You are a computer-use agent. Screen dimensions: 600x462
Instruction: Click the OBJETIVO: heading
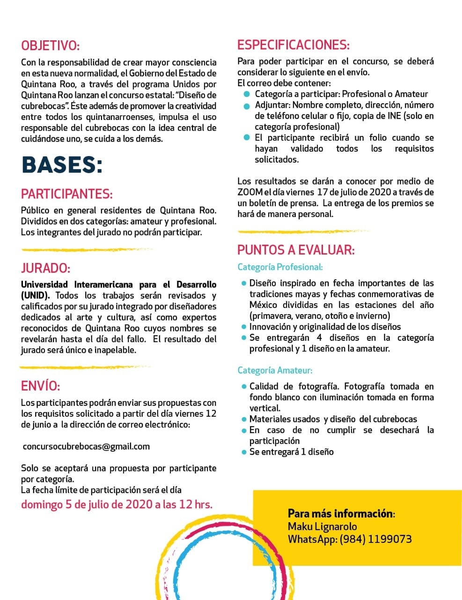click(51, 46)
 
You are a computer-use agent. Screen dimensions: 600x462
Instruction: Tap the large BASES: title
click(62, 165)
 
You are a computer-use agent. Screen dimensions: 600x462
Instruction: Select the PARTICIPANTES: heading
click(67, 194)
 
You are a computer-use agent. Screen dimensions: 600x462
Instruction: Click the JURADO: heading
click(45, 268)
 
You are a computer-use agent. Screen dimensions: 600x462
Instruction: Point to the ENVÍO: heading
click(41, 386)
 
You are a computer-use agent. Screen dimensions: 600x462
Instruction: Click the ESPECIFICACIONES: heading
click(293, 45)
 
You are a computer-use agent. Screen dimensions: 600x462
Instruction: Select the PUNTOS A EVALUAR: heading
click(296, 250)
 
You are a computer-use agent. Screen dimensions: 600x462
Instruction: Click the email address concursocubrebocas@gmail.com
click(86, 447)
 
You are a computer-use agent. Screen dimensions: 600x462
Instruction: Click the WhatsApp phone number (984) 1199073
click(376, 539)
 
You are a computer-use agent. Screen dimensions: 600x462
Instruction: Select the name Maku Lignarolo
click(323, 526)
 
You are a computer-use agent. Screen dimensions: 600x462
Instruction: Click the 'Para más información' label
click(341, 513)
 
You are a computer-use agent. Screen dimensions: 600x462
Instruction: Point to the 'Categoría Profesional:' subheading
click(280, 267)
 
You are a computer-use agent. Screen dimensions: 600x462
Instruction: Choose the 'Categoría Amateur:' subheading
click(275, 370)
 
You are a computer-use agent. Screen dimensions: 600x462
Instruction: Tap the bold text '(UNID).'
click(36, 295)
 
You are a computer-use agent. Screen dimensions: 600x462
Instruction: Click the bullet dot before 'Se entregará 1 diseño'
click(243, 452)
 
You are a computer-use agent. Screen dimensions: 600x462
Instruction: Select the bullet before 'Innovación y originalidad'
click(243, 327)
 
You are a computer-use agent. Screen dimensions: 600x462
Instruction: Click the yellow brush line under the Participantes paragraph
click(87, 250)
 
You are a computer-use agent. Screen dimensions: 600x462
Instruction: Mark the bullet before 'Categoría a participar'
click(247, 94)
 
